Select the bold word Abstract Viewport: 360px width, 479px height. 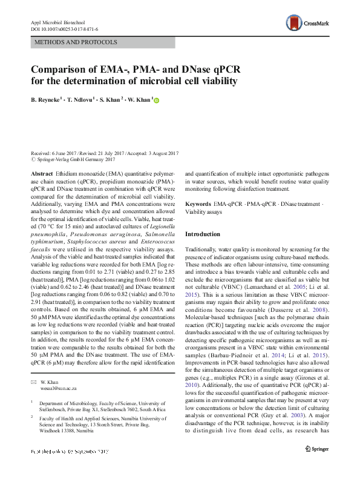(x=41, y=173)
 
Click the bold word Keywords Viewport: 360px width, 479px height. (x=198, y=205)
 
